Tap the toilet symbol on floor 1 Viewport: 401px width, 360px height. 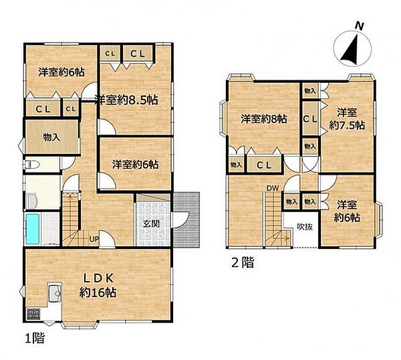(31, 165)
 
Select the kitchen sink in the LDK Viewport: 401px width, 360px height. (55, 293)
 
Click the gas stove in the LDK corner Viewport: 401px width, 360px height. (33, 314)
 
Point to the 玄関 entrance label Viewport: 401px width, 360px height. (151, 223)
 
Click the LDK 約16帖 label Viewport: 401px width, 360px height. (98, 285)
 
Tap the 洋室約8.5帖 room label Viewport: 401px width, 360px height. (126, 100)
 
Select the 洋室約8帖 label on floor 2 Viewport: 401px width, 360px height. (264, 119)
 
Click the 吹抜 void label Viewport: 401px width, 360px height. (305, 227)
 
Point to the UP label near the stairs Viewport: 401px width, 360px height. (94, 240)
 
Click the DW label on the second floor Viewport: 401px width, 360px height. (273, 189)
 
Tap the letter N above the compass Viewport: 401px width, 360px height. (360, 26)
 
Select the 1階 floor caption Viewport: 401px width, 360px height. (35, 338)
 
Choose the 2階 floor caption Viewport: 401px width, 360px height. (243, 262)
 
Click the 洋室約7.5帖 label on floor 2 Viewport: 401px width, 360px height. (347, 119)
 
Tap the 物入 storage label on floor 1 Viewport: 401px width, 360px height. (51, 137)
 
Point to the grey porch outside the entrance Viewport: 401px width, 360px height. (186, 220)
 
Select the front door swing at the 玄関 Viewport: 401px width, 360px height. (181, 220)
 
